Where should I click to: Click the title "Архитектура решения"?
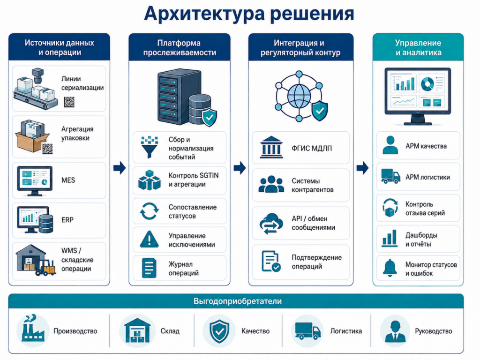click(249, 14)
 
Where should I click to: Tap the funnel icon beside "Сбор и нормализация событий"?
click(150, 148)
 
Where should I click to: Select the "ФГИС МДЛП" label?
click(312, 149)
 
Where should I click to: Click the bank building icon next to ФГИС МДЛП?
click(271, 148)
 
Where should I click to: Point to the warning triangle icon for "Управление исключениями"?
click(149, 239)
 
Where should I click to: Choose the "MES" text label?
click(68, 180)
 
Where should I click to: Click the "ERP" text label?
click(67, 220)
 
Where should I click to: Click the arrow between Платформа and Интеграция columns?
click(240, 167)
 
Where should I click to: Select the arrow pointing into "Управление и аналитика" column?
click(362, 167)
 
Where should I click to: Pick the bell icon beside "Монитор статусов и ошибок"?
click(390, 268)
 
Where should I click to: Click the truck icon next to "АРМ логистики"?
click(390, 176)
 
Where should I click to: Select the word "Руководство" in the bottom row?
click(434, 331)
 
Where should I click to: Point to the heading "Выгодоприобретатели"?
click(238, 301)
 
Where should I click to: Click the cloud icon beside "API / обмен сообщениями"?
click(271, 224)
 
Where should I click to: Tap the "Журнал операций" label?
click(184, 269)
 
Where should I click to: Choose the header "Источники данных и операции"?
click(60, 47)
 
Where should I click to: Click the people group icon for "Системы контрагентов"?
click(271, 184)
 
